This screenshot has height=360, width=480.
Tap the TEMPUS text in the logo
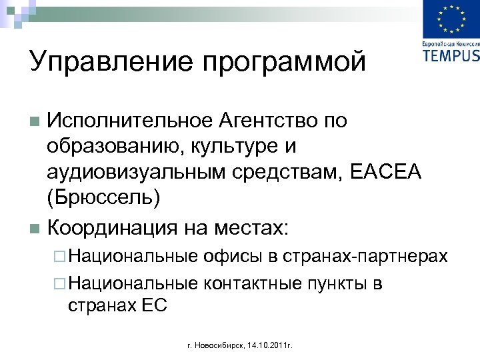coord(451,55)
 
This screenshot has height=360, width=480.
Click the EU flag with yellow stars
coord(451,21)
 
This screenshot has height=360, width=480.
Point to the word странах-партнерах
coord(365,256)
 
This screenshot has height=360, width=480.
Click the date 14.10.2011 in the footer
coord(267,346)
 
